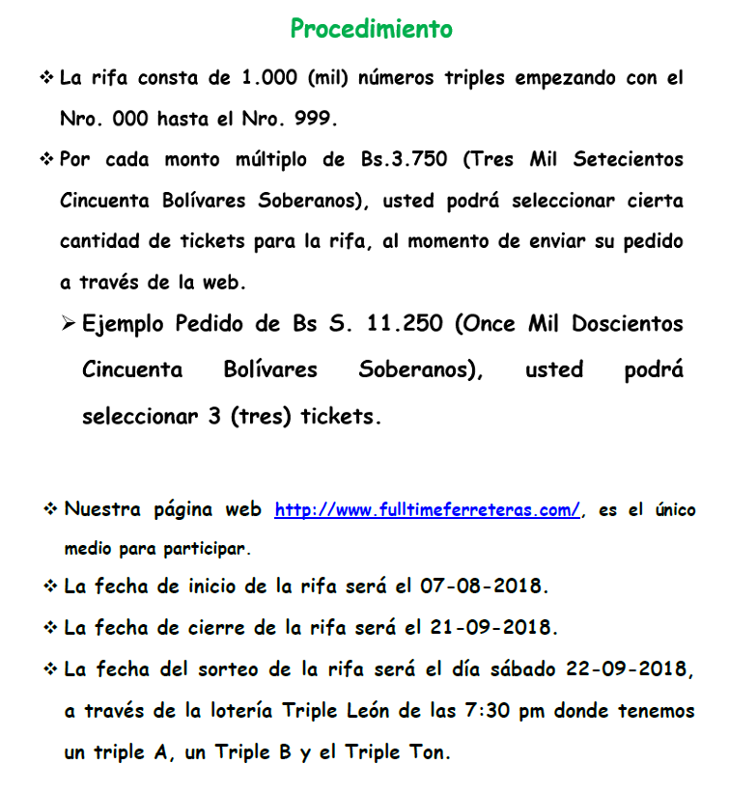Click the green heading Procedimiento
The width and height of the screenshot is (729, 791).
[x=371, y=29]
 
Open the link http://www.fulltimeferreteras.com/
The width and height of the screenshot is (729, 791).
[x=428, y=510]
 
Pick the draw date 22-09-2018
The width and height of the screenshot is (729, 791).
[x=630, y=668]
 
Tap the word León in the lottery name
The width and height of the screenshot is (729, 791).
[x=368, y=711]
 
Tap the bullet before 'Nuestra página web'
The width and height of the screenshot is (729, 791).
[x=50, y=508]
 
